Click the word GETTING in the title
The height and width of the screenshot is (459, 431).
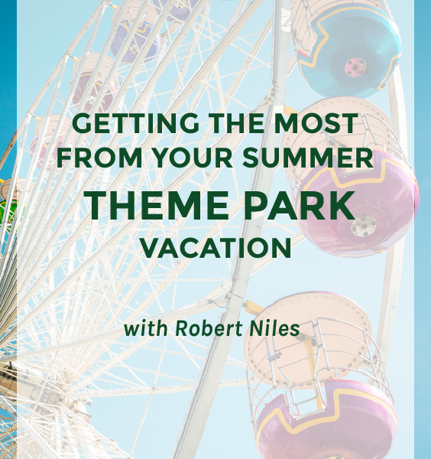click(136, 123)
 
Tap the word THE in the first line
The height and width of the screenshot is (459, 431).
click(237, 123)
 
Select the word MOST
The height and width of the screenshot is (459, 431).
click(316, 123)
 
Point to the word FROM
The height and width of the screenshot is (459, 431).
click(99, 158)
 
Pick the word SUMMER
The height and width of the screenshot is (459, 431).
click(308, 158)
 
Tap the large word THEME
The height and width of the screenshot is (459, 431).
click(157, 205)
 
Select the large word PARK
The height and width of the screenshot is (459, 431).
click(300, 205)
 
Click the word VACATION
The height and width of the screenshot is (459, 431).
click(216, 248)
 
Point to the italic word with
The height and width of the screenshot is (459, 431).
click(146, 328)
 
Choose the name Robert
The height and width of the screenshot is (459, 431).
click(209, 328)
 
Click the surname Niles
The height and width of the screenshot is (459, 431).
click(274, 328)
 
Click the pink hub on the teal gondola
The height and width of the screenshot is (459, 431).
click(355, 67)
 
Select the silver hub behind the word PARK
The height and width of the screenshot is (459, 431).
click(364, 226)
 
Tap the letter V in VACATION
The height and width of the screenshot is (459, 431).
click(151, 248)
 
